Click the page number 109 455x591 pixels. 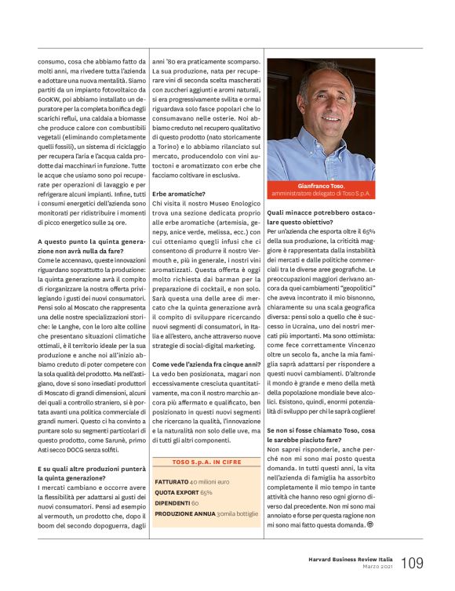coord(412,563)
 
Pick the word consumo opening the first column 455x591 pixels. coord(51,61)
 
